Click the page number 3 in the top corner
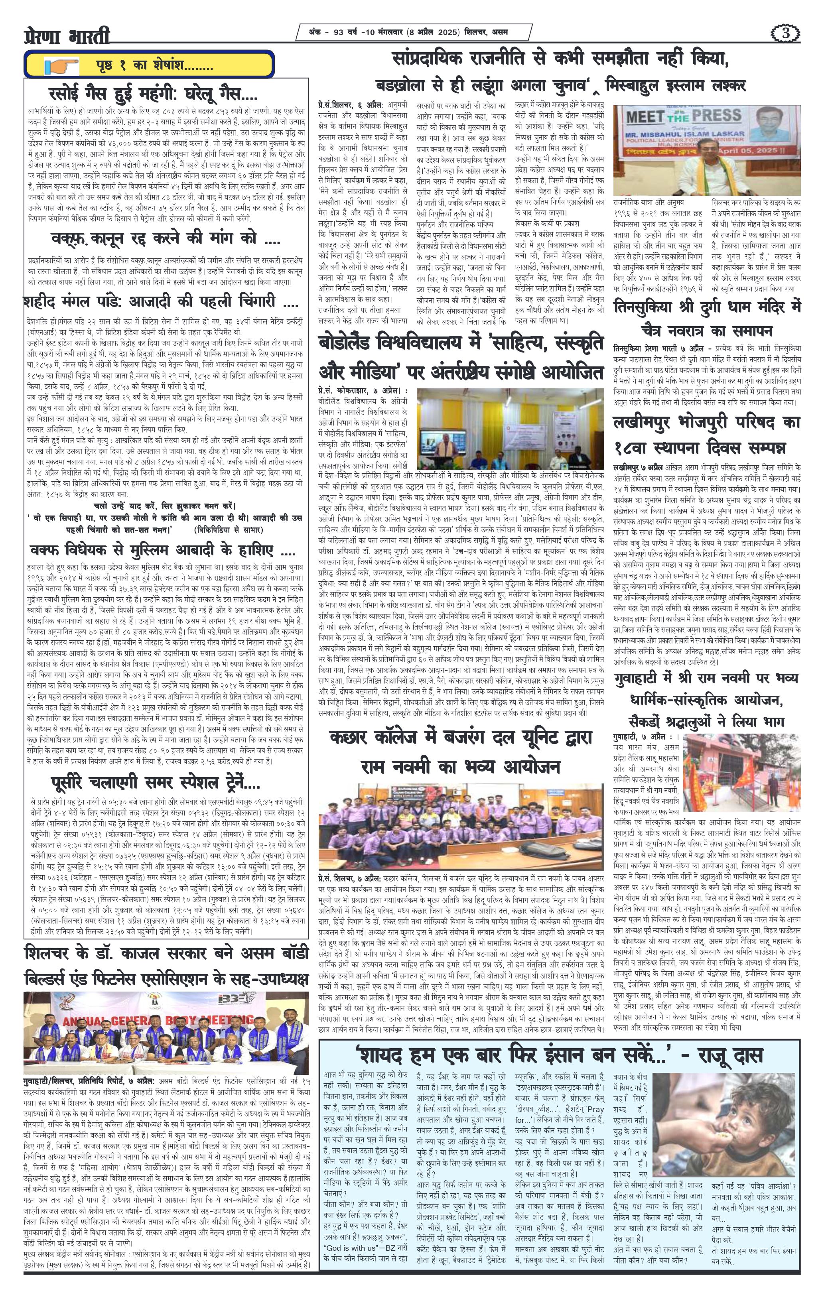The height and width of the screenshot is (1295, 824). click(787, 34)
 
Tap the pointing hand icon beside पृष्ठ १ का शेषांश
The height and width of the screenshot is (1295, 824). click(61, 67)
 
